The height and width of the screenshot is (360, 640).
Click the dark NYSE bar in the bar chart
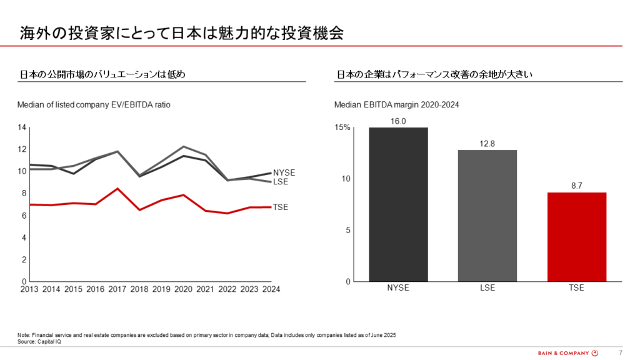click(398, 204)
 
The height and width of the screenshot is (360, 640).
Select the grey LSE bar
click(487, 216)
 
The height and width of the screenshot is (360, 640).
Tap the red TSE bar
click(576, 237)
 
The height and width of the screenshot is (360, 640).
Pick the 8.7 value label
click(576, 186)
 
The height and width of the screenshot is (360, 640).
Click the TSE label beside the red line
click(281, 207)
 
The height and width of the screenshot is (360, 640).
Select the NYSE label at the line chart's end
click(284, 172)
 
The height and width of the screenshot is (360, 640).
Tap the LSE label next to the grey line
click(281, 181)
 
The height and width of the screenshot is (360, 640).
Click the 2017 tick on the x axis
click(117, 289)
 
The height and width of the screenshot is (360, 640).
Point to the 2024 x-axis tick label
click(271, 289)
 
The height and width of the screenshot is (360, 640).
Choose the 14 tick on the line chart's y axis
click(22, 127)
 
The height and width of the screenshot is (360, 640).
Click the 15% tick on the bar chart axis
click(342, 127)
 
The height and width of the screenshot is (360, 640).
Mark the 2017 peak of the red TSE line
click(117, 189)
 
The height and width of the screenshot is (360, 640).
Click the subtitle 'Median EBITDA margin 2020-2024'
click(397, 104)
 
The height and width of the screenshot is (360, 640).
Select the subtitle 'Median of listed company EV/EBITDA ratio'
click(94, 104)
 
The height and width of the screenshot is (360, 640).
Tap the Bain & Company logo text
click(563, 352)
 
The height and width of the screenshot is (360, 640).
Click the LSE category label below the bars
click(487, 288)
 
